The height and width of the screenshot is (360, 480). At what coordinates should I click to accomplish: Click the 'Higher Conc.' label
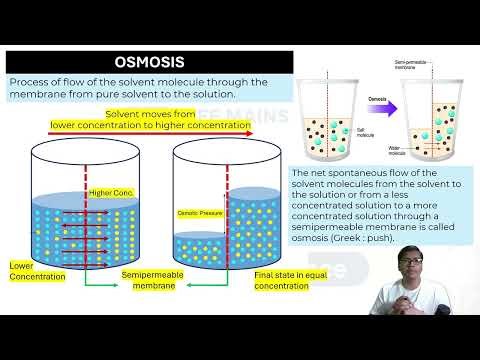click(x=112, y=192)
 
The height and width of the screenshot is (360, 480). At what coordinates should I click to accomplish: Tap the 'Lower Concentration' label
click(x=34, y=270)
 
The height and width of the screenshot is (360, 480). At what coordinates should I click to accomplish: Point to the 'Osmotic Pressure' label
click(x=199, y=213)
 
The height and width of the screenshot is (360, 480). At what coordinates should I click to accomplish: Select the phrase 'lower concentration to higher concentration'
click(x=149, y=126)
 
